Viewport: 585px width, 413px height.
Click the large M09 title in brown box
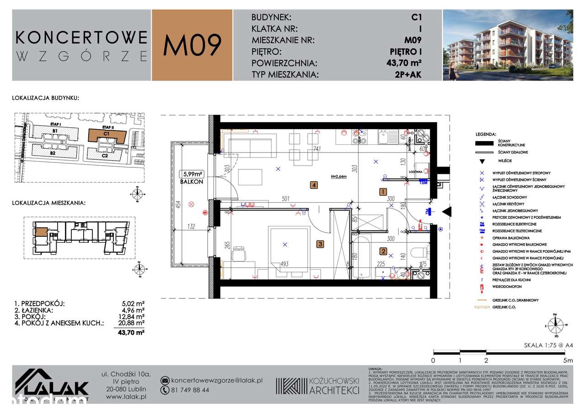[192, 45]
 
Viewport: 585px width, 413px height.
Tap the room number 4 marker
[314, 185]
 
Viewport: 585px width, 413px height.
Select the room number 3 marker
[321, 245]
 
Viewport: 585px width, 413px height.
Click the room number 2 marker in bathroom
[383, 251]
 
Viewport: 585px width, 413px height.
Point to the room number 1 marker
[383, 192]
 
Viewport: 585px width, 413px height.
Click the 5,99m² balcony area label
[192, 174]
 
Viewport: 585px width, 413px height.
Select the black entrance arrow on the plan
[447, 211]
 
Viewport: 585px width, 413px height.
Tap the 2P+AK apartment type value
[409, 75]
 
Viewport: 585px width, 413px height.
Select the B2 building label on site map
[53, 153]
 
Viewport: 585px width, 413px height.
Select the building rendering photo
[507, 45]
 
